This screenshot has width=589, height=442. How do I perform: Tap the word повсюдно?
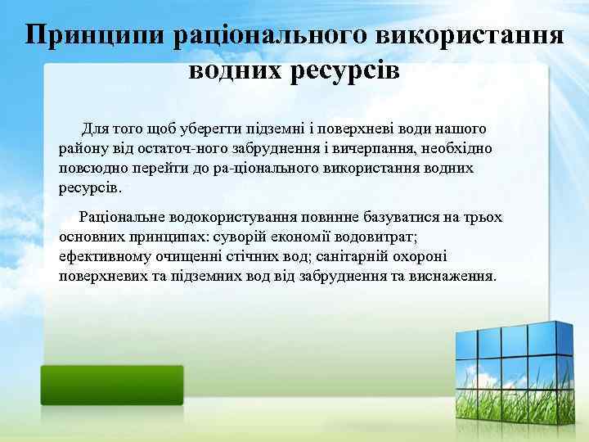pos(90,168)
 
